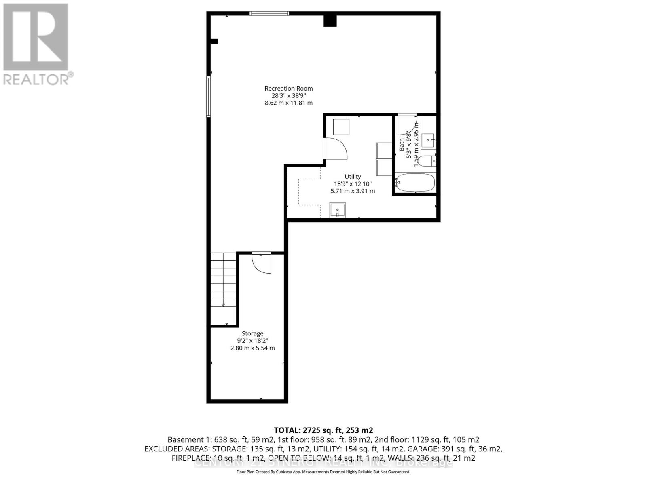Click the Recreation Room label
[288, 89]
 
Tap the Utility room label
[353, 177]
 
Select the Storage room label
[252, 333]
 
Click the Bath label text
[402, 145]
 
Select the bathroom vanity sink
[428, 141]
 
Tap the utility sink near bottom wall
[337, 211]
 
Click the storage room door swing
[261, 264]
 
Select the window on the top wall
[269, 13]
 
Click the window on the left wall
[209, 97]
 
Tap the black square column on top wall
[330, 20]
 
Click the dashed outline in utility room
[309, 192]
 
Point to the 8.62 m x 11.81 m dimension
[288, 103]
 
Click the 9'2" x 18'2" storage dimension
[252, 341]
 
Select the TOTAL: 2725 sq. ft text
[323, 430]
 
